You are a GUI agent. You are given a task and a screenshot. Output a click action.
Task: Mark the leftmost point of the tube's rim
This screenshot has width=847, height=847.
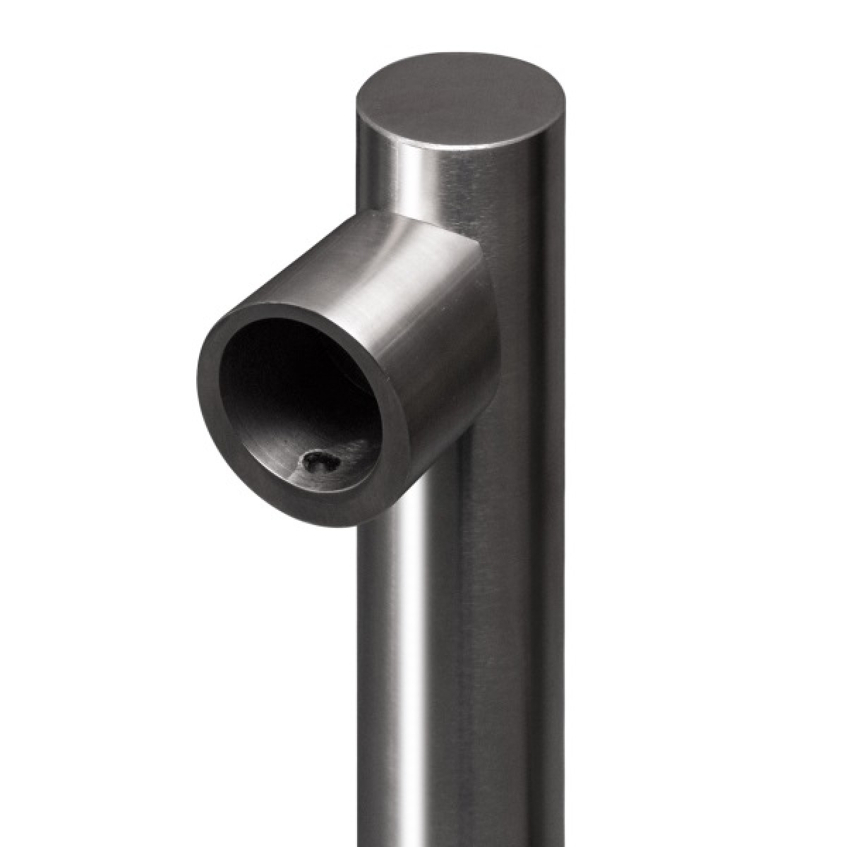[x=197, y=381]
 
